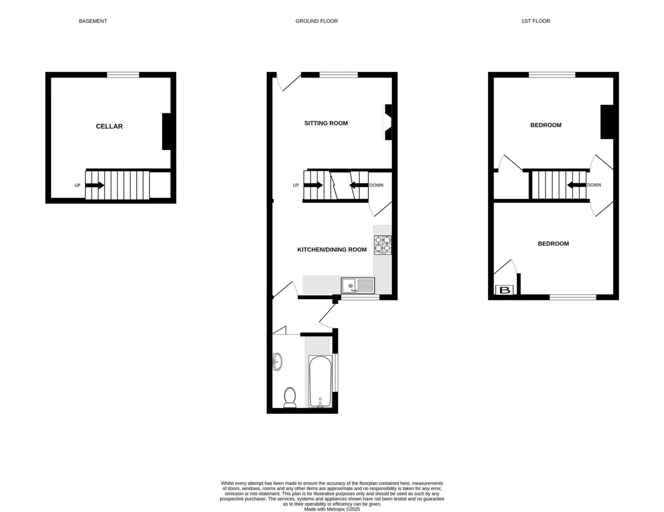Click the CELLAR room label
coord(109,126)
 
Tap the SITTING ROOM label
coord(326,123)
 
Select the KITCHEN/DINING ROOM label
coord(332,250)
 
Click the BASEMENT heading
coord(93,21)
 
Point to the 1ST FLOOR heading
coord(535,21)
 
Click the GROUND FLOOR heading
coord(316,21)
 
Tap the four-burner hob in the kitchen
coord(382,244)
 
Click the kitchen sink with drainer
coord(358,286)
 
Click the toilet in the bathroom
coord(290,397)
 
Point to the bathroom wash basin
coord(277,362)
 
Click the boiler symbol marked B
coord(505,290)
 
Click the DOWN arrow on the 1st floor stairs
coord(577,185)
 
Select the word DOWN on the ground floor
coord(376,185)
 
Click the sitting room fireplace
coord(387,122)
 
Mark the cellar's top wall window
coord(123,75)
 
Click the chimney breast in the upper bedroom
coord(607,122)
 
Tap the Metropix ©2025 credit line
coord(332,509)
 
